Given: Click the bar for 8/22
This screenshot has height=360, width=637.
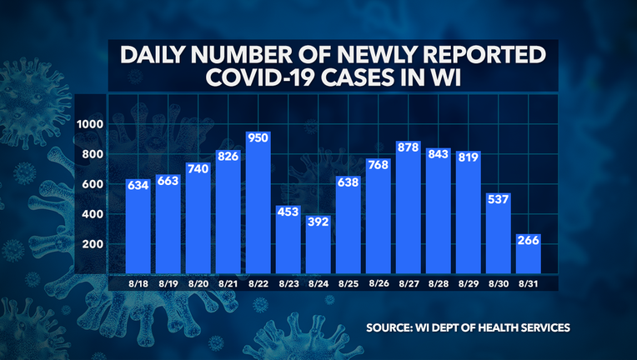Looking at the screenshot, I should [x=258, y=208].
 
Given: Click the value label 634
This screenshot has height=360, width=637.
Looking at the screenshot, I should [x=138, y=185].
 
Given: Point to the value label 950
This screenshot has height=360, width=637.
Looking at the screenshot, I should [x=258, y=138].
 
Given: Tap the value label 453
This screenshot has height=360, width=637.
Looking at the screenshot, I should [x=288, y=212].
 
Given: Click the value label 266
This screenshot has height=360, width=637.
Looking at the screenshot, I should [x=528, y=241].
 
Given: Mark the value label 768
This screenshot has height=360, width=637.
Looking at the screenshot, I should [x=379, y=165].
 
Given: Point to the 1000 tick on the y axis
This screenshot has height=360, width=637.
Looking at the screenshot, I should [x=89, y=124].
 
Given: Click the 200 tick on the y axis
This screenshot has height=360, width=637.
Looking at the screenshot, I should [x=91, y=244].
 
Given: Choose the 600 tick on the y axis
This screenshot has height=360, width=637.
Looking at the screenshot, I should [x=91, y=184].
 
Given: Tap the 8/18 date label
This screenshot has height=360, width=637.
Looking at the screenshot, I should [x=138, y=284].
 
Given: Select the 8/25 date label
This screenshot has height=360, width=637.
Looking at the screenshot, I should [x=349, y=284].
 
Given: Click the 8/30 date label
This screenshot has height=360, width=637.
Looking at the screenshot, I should [x=498, y=284].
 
